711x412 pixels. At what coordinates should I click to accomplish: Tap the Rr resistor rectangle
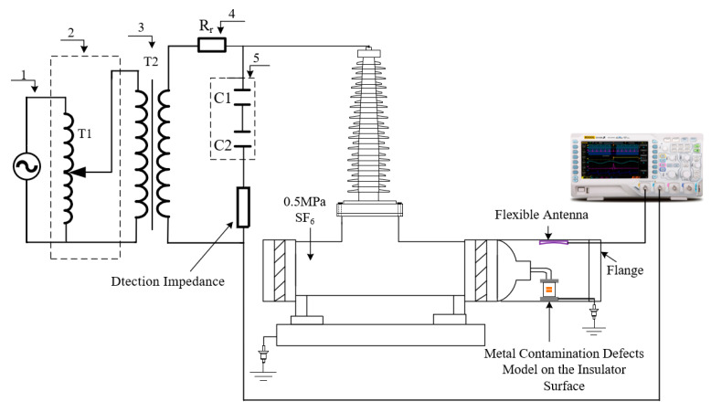coord(211,43)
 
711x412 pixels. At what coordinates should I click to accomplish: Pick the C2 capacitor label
coord(222,145)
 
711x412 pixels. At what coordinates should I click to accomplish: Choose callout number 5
coord(257,57)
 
